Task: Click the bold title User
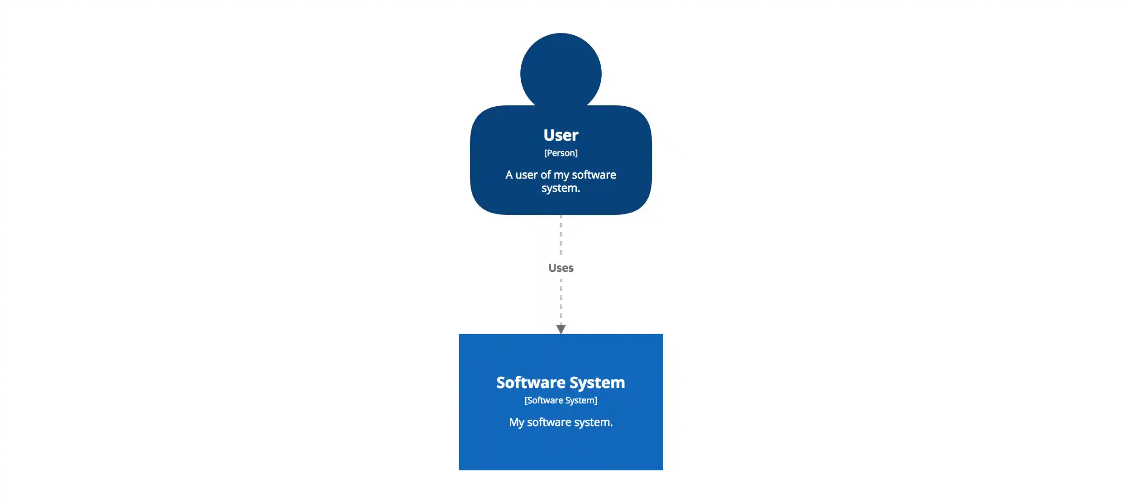(x=561, y=135)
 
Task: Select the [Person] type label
(x=561, y=153)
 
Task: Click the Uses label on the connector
(x=561, y=268)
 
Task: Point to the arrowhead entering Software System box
(x=561, y=329)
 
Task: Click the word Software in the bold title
(x=531, y=383)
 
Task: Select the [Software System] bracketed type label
(x=561, y=400)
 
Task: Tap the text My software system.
(x=561, y=422)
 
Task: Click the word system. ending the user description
(x=561, y=188)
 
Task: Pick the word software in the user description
(x=594, y=175)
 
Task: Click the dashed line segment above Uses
(x=561, y=235)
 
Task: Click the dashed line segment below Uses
(x=561, y=301)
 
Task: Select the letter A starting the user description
(x=509, y=175)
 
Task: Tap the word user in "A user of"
(x=527, y=175)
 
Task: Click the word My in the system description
(x=516, y=422)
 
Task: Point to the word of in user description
(x=546, y=175)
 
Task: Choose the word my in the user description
(x=561, y=175)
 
